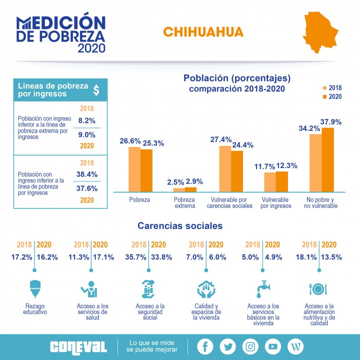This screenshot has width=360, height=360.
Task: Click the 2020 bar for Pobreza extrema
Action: pyautogui.click(x=190, y=189)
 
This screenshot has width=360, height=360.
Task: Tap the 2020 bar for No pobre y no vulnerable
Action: pyautogui.click(x=327, y=159)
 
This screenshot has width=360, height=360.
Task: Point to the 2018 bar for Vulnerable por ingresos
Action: pyautogui.click(x=270, y=182)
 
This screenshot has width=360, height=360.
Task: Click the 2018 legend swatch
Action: pyautogui.click(x=324, y=87)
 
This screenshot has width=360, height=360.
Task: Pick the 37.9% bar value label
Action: pyautogui.click(x=331, y=121)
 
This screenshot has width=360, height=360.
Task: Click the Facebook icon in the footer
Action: pyautogui.click(x=205, y=346)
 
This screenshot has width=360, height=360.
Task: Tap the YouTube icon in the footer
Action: pyautogui.click(x=273, y=346)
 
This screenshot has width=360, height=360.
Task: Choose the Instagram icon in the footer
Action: pyautogui.click(x=250, y=346)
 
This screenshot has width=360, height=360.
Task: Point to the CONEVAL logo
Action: pyautogui.click(x=78, y=346)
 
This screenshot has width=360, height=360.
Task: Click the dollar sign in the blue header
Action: pyautogui.click(x=96, y=89)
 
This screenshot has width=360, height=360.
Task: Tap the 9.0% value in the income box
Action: pyautogui.click(x=86, y=134)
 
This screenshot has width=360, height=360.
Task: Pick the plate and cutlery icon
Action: pyautogui.click(x=318, y=289)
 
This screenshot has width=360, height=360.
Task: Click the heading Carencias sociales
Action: pyautogui.click(x=180, y=226)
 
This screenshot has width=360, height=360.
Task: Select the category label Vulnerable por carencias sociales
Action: pyautogui.click(x=229, y=202)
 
